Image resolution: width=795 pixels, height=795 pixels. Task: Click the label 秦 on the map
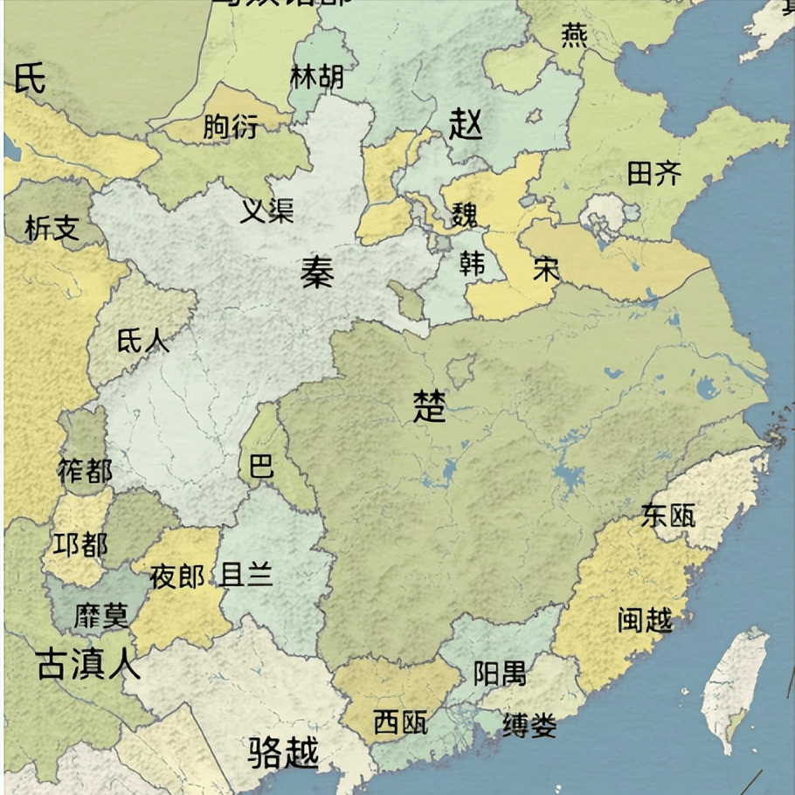point(316,273)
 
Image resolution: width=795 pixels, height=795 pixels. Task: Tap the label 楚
point(429,406)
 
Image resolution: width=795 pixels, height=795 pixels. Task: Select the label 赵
point(465,125)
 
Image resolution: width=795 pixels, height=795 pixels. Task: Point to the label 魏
point(465,213)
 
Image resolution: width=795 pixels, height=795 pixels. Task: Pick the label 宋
point(546,269)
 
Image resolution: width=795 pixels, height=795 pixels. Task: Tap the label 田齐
point(653,174)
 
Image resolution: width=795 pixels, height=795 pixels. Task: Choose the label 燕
point(574,35)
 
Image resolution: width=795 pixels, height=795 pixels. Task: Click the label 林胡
point(316,77)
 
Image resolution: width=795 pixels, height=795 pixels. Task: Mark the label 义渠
point(266,210)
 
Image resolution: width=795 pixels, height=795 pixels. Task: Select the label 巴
point(261,466)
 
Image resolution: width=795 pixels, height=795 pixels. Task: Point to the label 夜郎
point(177,577)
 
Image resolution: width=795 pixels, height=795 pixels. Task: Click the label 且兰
point(247,575)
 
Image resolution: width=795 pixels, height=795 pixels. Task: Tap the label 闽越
point(645,620)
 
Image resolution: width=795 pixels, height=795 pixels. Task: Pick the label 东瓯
point(668,515)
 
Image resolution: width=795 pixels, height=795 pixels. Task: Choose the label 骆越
point(283,751)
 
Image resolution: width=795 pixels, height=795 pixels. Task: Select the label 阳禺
point(500,673)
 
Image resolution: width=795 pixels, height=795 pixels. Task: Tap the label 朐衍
point(231,128)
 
